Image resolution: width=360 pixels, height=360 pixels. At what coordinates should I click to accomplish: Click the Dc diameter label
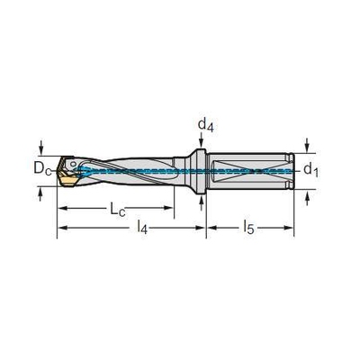click(42, 168)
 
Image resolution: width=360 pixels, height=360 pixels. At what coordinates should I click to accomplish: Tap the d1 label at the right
click(310, 170)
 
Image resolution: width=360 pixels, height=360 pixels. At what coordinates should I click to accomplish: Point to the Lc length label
click(117, 209)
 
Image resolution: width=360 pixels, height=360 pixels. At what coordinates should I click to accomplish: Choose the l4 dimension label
click(142, 227)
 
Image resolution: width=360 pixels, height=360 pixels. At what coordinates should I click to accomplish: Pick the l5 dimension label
click(248, 227)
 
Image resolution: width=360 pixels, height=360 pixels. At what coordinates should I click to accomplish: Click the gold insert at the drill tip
click(68, 181)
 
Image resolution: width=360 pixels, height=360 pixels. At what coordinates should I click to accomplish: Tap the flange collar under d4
click(198, 172)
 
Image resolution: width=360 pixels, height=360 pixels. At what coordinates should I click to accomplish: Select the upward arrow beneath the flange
click(202, 203)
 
